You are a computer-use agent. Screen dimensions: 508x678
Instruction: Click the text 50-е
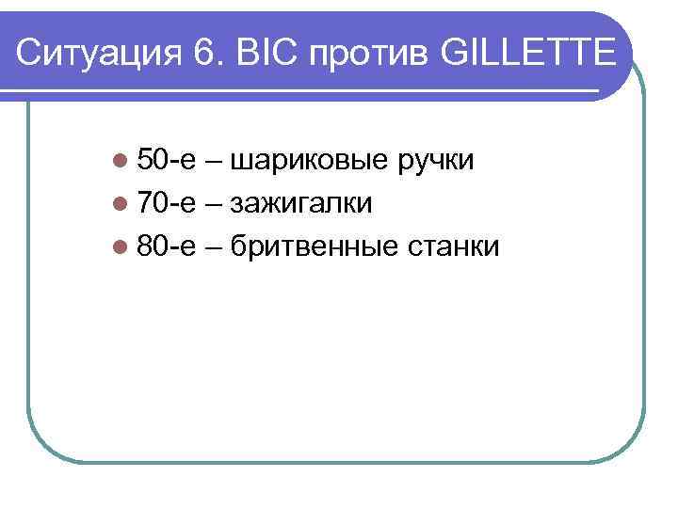tap(165, 161)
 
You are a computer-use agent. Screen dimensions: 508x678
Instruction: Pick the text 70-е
tap(165, 203)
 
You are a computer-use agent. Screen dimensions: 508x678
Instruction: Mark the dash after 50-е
tap(212, 163)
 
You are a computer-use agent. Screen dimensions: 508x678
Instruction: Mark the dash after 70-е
tap(212, 205)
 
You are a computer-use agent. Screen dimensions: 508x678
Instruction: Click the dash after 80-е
tap(212, 247)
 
